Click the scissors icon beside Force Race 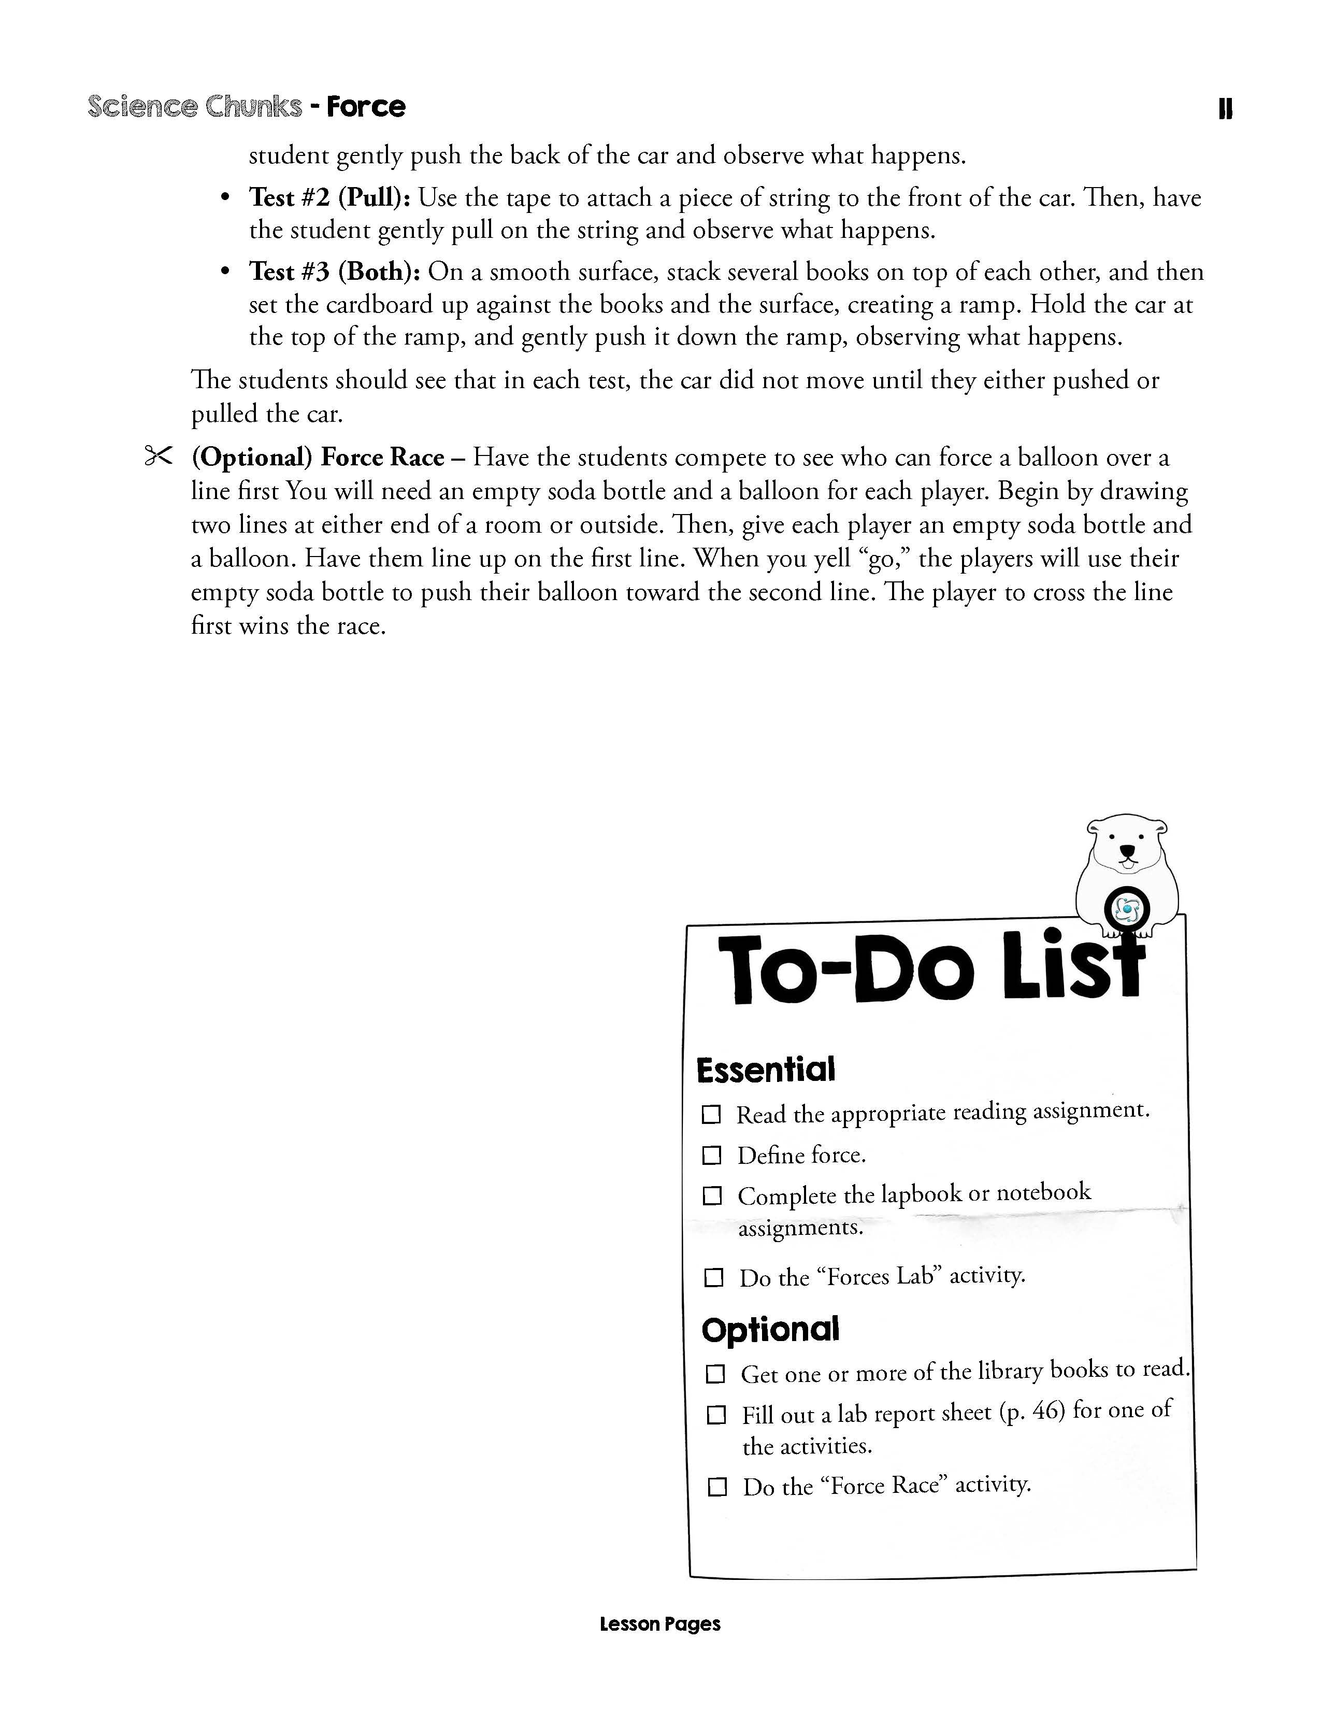click(157, 457)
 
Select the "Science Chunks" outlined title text click(195, 106)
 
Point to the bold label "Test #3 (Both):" click(335, 272)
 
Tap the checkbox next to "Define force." click(711, 1155)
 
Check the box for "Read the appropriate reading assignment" click(711, 1114)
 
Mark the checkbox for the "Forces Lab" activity click(713, 1278)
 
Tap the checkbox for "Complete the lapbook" click(712, 1196)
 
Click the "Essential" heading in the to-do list click(765, 1071)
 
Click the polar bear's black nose click(1127, 851)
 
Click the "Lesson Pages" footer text click(659, 1624)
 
